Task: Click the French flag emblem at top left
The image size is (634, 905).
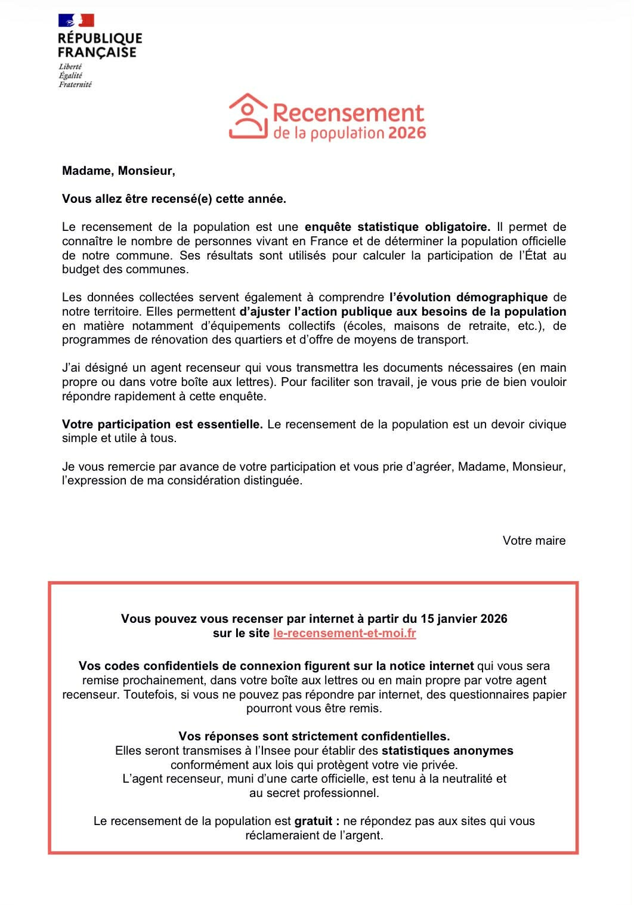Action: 76,20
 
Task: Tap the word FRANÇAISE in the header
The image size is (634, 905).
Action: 97,52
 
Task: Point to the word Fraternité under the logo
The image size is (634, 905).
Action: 75,85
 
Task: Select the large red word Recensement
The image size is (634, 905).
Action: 348,113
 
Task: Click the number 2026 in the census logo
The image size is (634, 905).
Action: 407,132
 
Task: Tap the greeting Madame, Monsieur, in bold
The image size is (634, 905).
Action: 118,171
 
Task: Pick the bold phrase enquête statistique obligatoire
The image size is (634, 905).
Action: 397,227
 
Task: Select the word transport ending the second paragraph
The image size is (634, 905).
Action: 443,340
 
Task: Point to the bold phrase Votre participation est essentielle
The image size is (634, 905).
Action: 162,425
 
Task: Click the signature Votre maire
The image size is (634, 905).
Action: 534,541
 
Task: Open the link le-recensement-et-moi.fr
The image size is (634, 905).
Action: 344,634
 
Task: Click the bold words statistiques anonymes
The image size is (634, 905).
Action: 447,751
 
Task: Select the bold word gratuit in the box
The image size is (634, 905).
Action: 313,821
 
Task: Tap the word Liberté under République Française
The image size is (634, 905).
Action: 70,67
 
